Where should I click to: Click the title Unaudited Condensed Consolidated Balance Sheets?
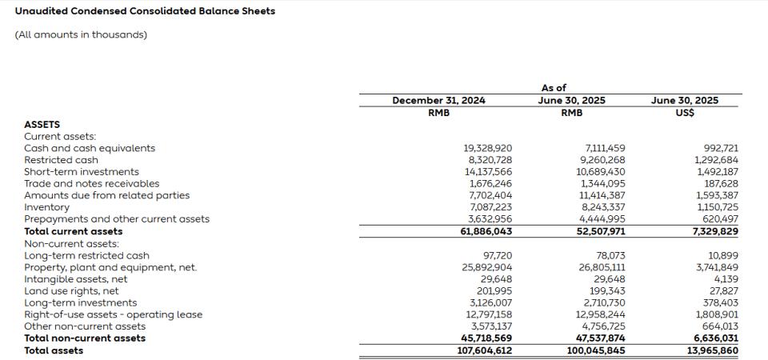coord(145,11)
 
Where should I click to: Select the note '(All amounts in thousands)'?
coord(81,34)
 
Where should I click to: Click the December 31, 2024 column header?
coord(438,101)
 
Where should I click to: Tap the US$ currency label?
coord(684,113)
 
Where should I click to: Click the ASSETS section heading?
coord(42,125)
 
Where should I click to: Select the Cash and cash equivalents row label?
coord(90,148)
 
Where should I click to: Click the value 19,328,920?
coord(488,148)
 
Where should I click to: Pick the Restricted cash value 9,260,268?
coord(601,160)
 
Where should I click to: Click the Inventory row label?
coord(46,207)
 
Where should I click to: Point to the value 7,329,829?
coord(714,232)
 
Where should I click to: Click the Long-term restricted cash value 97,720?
coord(497,255)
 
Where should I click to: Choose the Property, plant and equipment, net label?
coord(110,267)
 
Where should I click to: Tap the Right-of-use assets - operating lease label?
coord(113,314)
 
